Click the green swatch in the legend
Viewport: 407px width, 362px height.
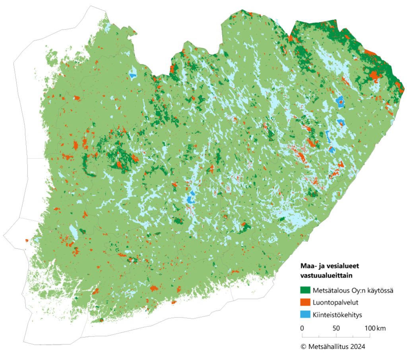(305, 291)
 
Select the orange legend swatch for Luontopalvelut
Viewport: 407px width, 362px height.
(305, 302)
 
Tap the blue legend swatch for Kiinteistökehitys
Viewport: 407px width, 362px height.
(305, 314)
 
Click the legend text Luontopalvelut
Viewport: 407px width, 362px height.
(330, 302)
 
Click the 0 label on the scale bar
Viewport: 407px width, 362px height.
(302, 329)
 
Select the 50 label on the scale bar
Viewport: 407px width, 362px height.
(336, 329)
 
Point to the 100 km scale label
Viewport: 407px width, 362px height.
(375, 329)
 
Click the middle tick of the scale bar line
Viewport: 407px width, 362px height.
(336, 335)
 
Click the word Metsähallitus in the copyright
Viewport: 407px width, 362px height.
(328, 346)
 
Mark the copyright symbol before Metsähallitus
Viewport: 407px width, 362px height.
(303, 346)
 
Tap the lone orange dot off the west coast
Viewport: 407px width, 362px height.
(27, 240)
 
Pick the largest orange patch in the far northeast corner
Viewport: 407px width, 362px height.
(374, 75)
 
